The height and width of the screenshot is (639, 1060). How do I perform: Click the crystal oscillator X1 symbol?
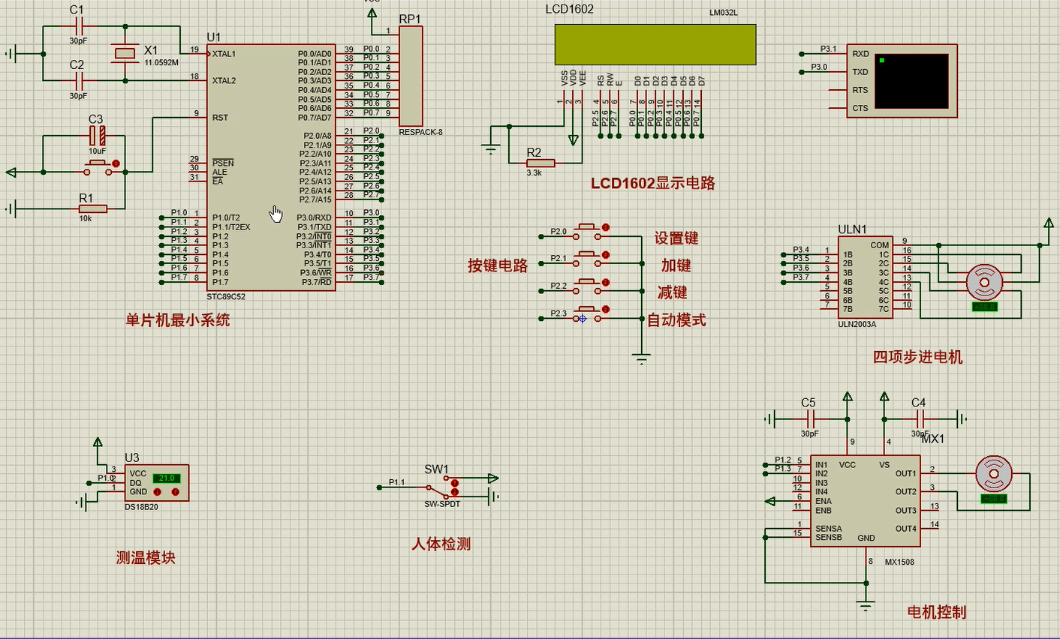123,53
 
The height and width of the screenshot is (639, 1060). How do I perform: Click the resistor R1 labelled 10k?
92,208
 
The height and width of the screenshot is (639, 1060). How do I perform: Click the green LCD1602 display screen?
655,44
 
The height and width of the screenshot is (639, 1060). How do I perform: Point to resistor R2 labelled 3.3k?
541,163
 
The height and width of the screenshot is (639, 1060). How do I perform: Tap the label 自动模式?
676,320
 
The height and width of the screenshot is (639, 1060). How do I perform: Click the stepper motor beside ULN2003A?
983,282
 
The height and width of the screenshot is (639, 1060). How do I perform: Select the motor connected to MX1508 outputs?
993,473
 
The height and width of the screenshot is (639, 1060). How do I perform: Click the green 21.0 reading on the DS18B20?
166,478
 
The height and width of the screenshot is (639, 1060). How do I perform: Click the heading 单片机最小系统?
177,320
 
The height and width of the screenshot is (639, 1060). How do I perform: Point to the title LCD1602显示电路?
652,183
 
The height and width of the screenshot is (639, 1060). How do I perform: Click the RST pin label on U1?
220,118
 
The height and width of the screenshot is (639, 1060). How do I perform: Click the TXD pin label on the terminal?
860,72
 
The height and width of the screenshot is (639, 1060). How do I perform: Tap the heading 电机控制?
936,612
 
